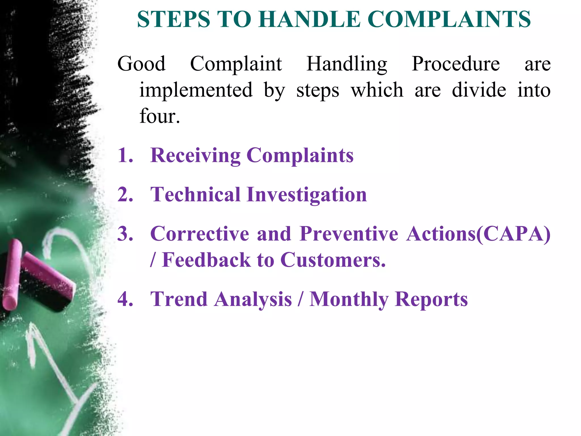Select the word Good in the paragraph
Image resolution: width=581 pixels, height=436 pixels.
(x=141, y=64)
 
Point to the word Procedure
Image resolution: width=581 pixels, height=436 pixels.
(x=456, y=64)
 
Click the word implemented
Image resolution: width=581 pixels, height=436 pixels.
(x=196, y=90)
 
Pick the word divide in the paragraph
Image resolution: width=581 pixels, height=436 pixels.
(x=479, y=90)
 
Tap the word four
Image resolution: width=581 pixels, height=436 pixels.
(x=159, y=116)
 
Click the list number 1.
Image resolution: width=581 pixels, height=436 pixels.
(x=125, y=156)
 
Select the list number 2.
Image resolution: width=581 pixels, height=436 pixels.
(x=125, y=195)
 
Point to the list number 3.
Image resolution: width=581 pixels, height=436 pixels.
(x=125, y=234)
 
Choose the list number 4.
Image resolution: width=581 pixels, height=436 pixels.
(x=125, y=299)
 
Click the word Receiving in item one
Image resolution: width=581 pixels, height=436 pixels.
(x=195, y=156)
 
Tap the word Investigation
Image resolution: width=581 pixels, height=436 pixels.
(x=307, y=195)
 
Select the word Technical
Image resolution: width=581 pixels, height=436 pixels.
(x=195, y=195)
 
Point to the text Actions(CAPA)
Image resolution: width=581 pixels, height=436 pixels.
(x=478, y=234)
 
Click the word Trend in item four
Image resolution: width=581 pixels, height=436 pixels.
(x=179, y=299)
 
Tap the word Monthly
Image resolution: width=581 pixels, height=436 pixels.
(x=349, y=300)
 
